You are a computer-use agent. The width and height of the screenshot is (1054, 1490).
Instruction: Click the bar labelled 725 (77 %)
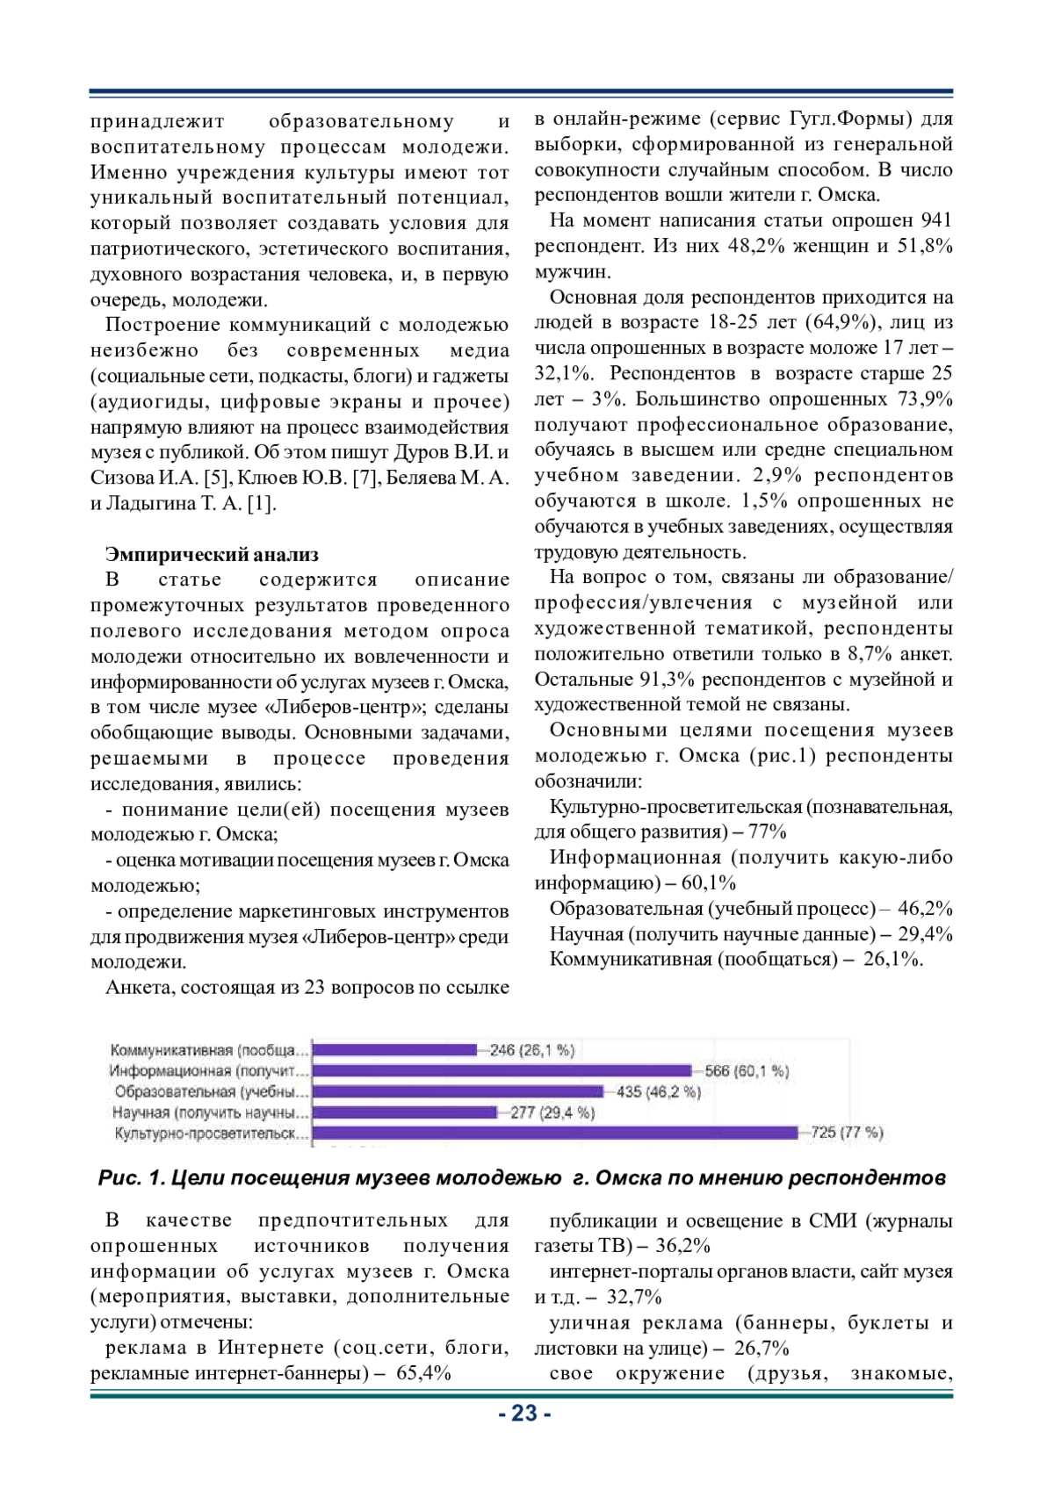pos(555,1133)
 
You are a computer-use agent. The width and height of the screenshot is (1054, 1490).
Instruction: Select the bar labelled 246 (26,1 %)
pos(395,1049)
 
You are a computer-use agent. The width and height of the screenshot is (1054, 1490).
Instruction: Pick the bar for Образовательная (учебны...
pos(458,1091)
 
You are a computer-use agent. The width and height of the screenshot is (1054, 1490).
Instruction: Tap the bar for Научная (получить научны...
pos(405,1112)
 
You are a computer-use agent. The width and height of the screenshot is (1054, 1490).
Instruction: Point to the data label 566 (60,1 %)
pos(747,1070)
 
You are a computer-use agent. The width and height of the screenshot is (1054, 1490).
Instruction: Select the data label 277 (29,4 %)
pos(552,1112)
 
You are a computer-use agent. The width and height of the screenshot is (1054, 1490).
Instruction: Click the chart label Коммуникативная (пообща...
pos(209,1049)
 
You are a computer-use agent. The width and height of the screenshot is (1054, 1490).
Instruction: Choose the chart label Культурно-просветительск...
pos(211,1134)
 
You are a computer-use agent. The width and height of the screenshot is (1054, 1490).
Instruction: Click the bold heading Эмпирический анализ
pos(212,554)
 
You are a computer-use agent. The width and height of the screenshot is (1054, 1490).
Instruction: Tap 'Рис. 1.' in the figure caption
pos(132,1177)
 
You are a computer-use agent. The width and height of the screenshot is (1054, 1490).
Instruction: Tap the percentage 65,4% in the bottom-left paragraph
pos(424,1372)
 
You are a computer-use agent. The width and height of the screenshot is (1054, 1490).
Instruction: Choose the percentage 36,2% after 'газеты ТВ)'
pos(682,1245)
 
